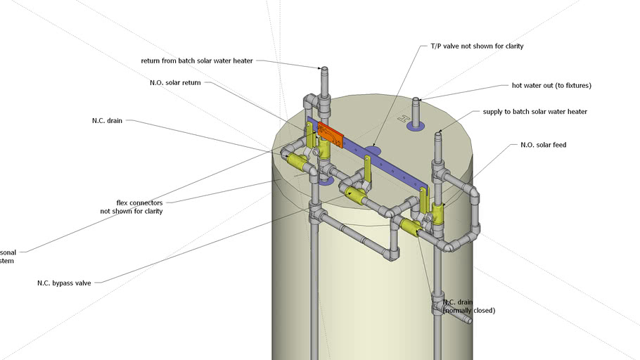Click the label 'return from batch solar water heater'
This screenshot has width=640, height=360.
pos(196,61)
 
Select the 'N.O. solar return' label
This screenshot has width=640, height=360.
pos(175,83)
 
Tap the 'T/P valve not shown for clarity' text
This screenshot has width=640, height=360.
pos(477,46)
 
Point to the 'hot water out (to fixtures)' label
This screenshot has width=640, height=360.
pos(551,86)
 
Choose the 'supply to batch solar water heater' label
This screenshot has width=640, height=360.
pos(535,112)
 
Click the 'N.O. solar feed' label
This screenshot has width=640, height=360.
pos(543,145)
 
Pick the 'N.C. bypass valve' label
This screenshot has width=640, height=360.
pos(64,283)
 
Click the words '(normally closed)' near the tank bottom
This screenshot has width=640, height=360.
pos(469,310)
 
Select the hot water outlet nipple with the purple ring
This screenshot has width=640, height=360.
pos(415,112)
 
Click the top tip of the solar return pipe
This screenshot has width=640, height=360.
pos(324,70)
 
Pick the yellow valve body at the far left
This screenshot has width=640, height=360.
pos(298,164)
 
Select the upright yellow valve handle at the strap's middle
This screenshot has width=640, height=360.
pos(367,169)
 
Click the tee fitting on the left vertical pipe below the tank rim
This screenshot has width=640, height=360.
pos(316,211)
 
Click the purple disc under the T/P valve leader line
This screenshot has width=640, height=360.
pos(373,150)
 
